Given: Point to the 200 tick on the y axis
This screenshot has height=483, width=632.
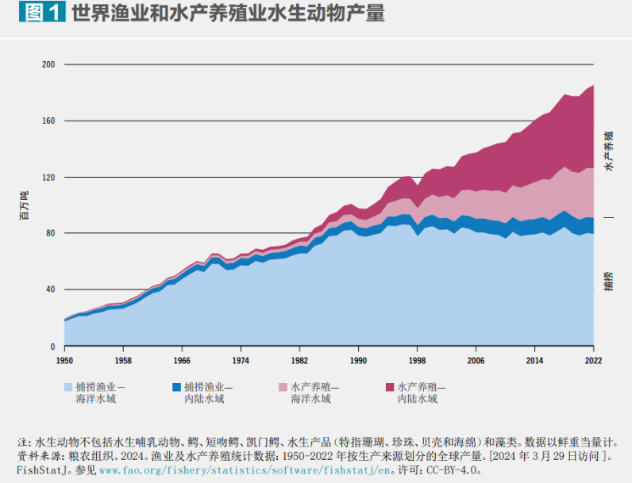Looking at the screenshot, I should [x=48, y=64].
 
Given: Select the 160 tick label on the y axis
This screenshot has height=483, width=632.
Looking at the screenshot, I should [x=48, y=121].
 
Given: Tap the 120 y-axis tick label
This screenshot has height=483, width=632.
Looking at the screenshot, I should [x=48, y=177].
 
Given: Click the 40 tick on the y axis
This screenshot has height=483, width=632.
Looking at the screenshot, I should [x=51, y=289].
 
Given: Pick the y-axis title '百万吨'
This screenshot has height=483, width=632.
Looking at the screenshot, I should [x=24, y=205].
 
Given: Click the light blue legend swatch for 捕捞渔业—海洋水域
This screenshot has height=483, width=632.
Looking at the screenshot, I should [x=69, y=387].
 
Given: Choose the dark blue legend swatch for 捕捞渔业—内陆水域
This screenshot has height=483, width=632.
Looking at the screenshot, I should [x=176, y=387].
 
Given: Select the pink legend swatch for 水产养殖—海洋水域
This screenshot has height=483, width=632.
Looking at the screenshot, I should [x=283, y=387].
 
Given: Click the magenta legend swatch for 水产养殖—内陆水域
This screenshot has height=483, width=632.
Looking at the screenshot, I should [x=390, y=387].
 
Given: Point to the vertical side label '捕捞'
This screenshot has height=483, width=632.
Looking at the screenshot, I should [x=609, y=282].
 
